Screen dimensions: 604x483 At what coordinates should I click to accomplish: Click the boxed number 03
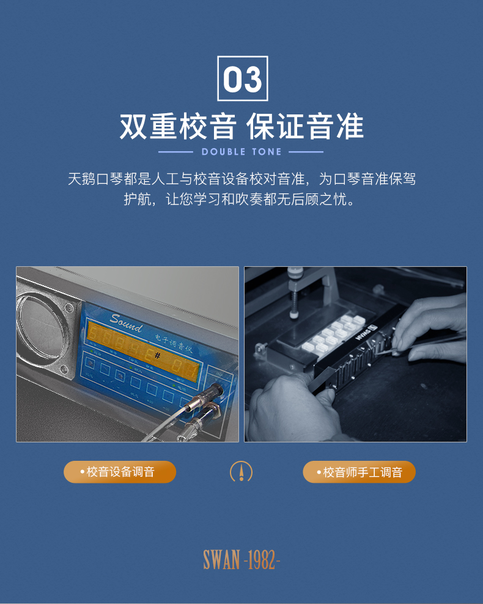coord(243,78)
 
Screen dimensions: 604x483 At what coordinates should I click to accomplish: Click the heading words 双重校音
coord(177,127)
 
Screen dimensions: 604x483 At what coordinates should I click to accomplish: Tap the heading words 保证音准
coord(305,127)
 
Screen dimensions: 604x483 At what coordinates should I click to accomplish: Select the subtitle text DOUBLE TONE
coord(242,152)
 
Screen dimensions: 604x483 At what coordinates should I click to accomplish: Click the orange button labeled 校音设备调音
coord(120,472)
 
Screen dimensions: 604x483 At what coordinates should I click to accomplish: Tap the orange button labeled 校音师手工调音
coord(359,472)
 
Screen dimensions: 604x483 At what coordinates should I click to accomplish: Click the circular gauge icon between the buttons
coord(241,471)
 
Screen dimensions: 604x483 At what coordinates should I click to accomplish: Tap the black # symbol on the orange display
coord(157,356)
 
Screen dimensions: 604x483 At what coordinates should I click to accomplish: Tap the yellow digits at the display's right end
coord(184,369)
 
